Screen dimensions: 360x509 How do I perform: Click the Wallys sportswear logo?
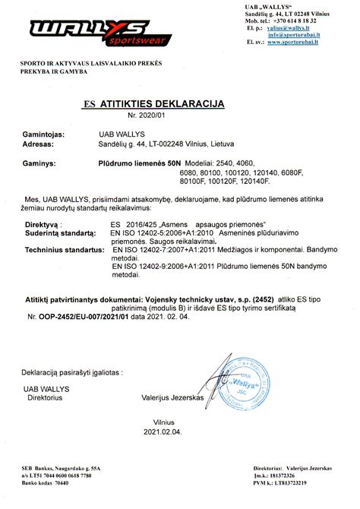tap(90, 32)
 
